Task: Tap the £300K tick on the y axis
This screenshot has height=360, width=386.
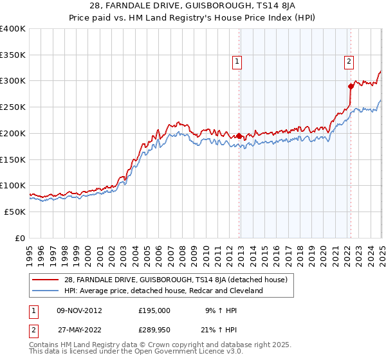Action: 13,81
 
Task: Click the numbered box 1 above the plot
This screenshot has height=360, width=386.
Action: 237,62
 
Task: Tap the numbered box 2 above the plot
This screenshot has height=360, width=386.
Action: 349,62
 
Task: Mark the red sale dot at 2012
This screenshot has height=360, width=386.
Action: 239,136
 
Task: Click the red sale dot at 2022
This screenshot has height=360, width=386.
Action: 351,86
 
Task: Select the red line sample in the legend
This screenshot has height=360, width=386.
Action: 45,280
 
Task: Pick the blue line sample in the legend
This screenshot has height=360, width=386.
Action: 45,291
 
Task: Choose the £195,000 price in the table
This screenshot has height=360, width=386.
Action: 154,310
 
